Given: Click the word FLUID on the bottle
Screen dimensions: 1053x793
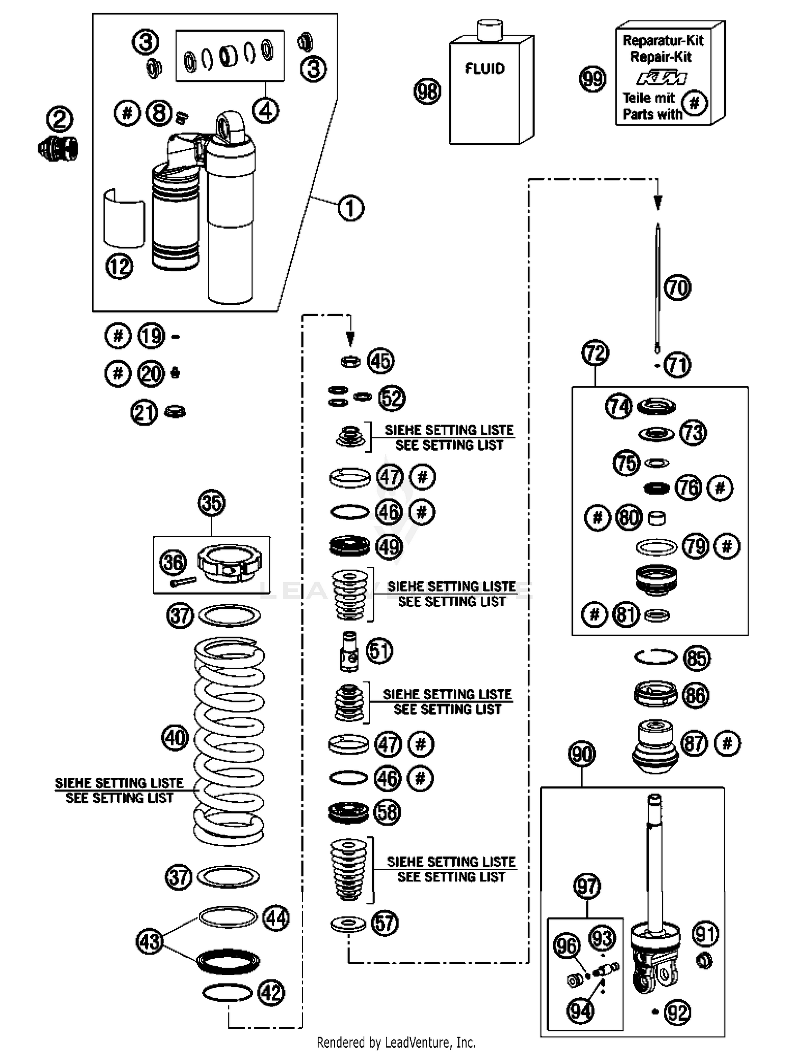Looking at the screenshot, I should [484, 69].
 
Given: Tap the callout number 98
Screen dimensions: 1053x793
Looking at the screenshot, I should [427, 91].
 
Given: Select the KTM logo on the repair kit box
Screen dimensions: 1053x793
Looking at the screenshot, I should [661, 78].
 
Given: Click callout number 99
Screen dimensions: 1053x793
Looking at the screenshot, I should [593, 79].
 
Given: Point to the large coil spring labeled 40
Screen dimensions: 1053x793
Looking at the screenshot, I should [229, 740].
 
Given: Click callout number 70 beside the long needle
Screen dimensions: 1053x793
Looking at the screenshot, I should [677, 288].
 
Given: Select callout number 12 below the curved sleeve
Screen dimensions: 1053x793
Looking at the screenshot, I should [119, 267].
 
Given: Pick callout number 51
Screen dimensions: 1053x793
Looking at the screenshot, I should [380, 651].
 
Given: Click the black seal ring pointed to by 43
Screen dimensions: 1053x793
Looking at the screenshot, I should [228, 961].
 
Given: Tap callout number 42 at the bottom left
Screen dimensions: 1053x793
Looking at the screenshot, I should [271, 993].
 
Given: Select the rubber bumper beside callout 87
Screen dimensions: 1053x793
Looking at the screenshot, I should [655, 746].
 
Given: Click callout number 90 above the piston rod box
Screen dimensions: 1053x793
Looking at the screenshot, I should [582, 754].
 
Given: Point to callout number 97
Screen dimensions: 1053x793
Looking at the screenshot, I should [587, 886].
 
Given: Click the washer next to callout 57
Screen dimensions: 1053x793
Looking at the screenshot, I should [348, 924].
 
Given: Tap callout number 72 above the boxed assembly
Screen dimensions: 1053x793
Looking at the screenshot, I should [595, 353].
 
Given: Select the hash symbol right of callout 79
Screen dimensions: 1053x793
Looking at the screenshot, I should [727, 546].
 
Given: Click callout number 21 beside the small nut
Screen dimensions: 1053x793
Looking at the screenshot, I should [144, 413].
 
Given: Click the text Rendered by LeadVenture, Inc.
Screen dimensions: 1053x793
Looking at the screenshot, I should [396, 1042].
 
